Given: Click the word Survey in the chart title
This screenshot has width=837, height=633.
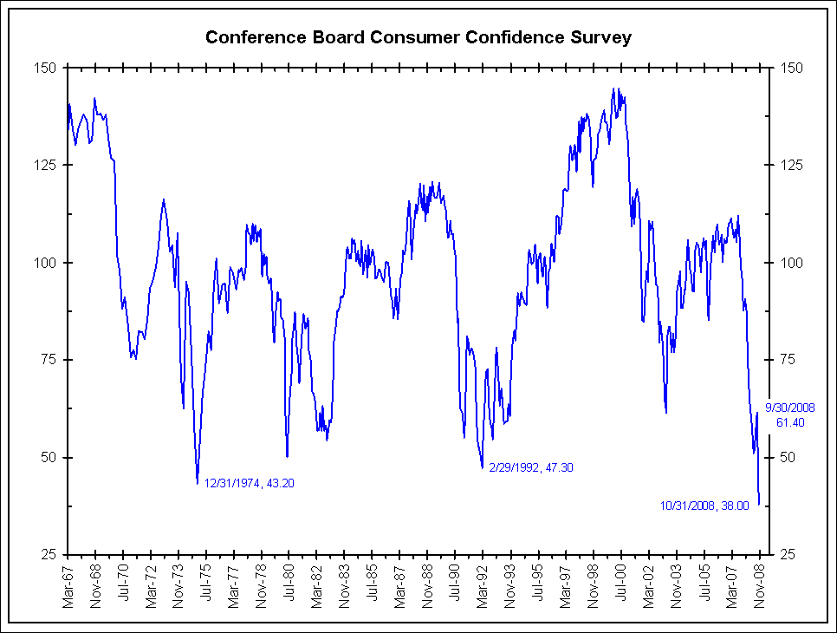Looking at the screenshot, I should (603, 37).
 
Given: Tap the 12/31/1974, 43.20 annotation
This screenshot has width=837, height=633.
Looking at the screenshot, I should (250, 483).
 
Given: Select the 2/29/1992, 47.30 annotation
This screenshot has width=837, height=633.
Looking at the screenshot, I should (531, 467).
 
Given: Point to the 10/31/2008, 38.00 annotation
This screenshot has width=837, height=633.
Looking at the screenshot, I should (704, 506).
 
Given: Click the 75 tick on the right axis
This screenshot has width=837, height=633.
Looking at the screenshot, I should (790, 360).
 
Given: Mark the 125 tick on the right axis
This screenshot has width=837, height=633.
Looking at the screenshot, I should (793, 165).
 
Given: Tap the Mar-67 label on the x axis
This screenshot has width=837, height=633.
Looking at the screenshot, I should (68, 584).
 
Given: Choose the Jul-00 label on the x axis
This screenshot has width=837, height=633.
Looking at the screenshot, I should (621, 584).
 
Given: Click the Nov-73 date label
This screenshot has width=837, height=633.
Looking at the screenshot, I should (178, 584).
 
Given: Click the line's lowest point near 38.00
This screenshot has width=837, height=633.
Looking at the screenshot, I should (759, 504).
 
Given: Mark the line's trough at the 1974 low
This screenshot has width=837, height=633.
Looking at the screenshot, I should (198, 483).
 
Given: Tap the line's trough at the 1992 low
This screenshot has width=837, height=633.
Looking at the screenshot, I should (482, 468).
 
